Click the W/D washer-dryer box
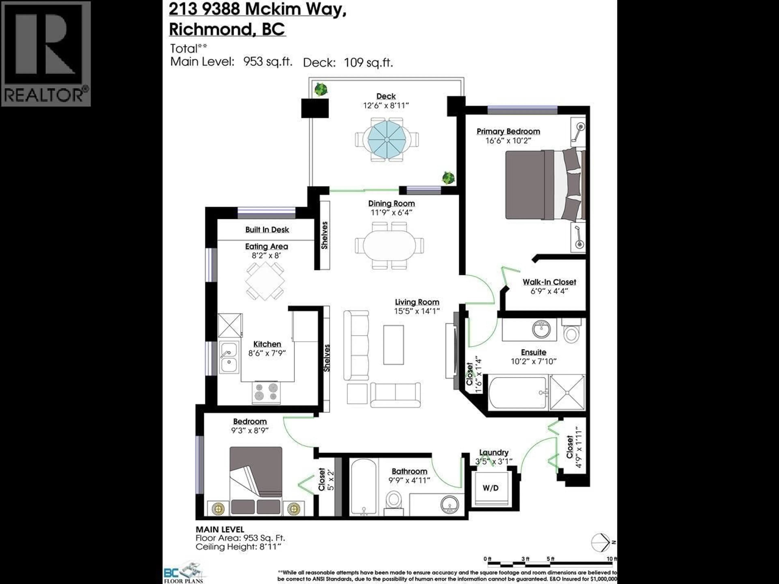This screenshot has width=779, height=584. point(491,488)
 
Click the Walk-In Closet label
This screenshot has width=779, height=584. point(549,282)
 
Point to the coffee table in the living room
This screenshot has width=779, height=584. point(393,345)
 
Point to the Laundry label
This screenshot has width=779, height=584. point(493,453)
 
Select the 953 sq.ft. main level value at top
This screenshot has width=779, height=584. point(268,62)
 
